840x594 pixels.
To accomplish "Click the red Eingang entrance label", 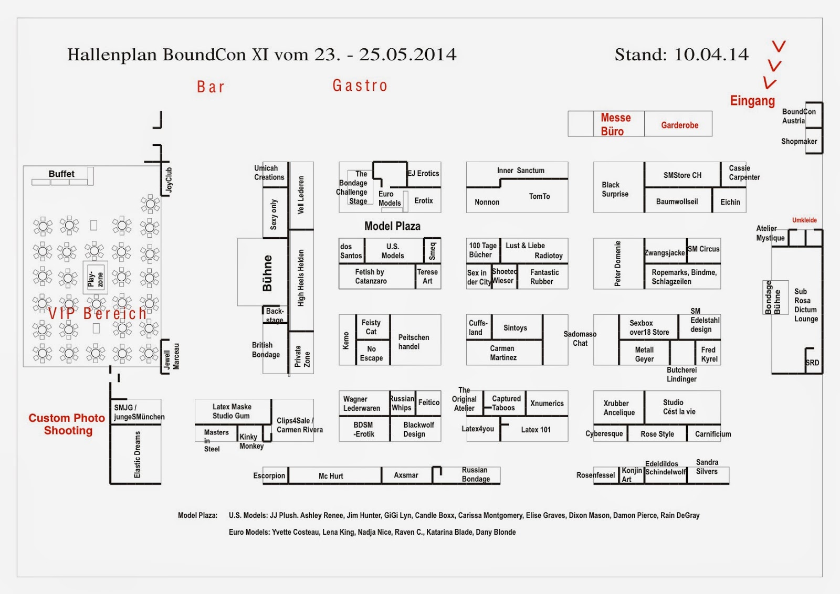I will [752, 101].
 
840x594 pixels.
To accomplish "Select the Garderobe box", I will [679, 125].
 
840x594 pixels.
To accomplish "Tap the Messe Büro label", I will [615, 124].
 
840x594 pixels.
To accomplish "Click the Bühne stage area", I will [267, 273].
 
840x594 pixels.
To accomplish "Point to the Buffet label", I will [61, 174].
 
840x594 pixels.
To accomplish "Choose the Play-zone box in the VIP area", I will [96, 279].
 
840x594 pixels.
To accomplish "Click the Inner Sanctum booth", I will [520, 171].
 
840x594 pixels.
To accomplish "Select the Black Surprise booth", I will [615, 189].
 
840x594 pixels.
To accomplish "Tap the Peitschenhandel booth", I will [414, 342].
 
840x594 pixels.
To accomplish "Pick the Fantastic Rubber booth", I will [544, 277].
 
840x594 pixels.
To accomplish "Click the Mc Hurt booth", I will [331, 476].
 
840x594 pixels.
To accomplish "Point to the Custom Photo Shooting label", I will [67, 424].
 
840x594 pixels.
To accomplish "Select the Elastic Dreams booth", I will [137, 454].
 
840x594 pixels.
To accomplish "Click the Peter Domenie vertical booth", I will [618, 263].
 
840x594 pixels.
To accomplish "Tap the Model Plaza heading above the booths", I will [392, 226].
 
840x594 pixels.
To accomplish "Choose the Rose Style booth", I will [657, 434].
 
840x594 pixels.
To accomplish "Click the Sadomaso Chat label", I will [580, 338].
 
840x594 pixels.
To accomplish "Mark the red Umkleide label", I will [804, 220].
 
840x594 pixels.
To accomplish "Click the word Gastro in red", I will [360, 86].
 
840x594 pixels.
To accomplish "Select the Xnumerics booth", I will [547, 404].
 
